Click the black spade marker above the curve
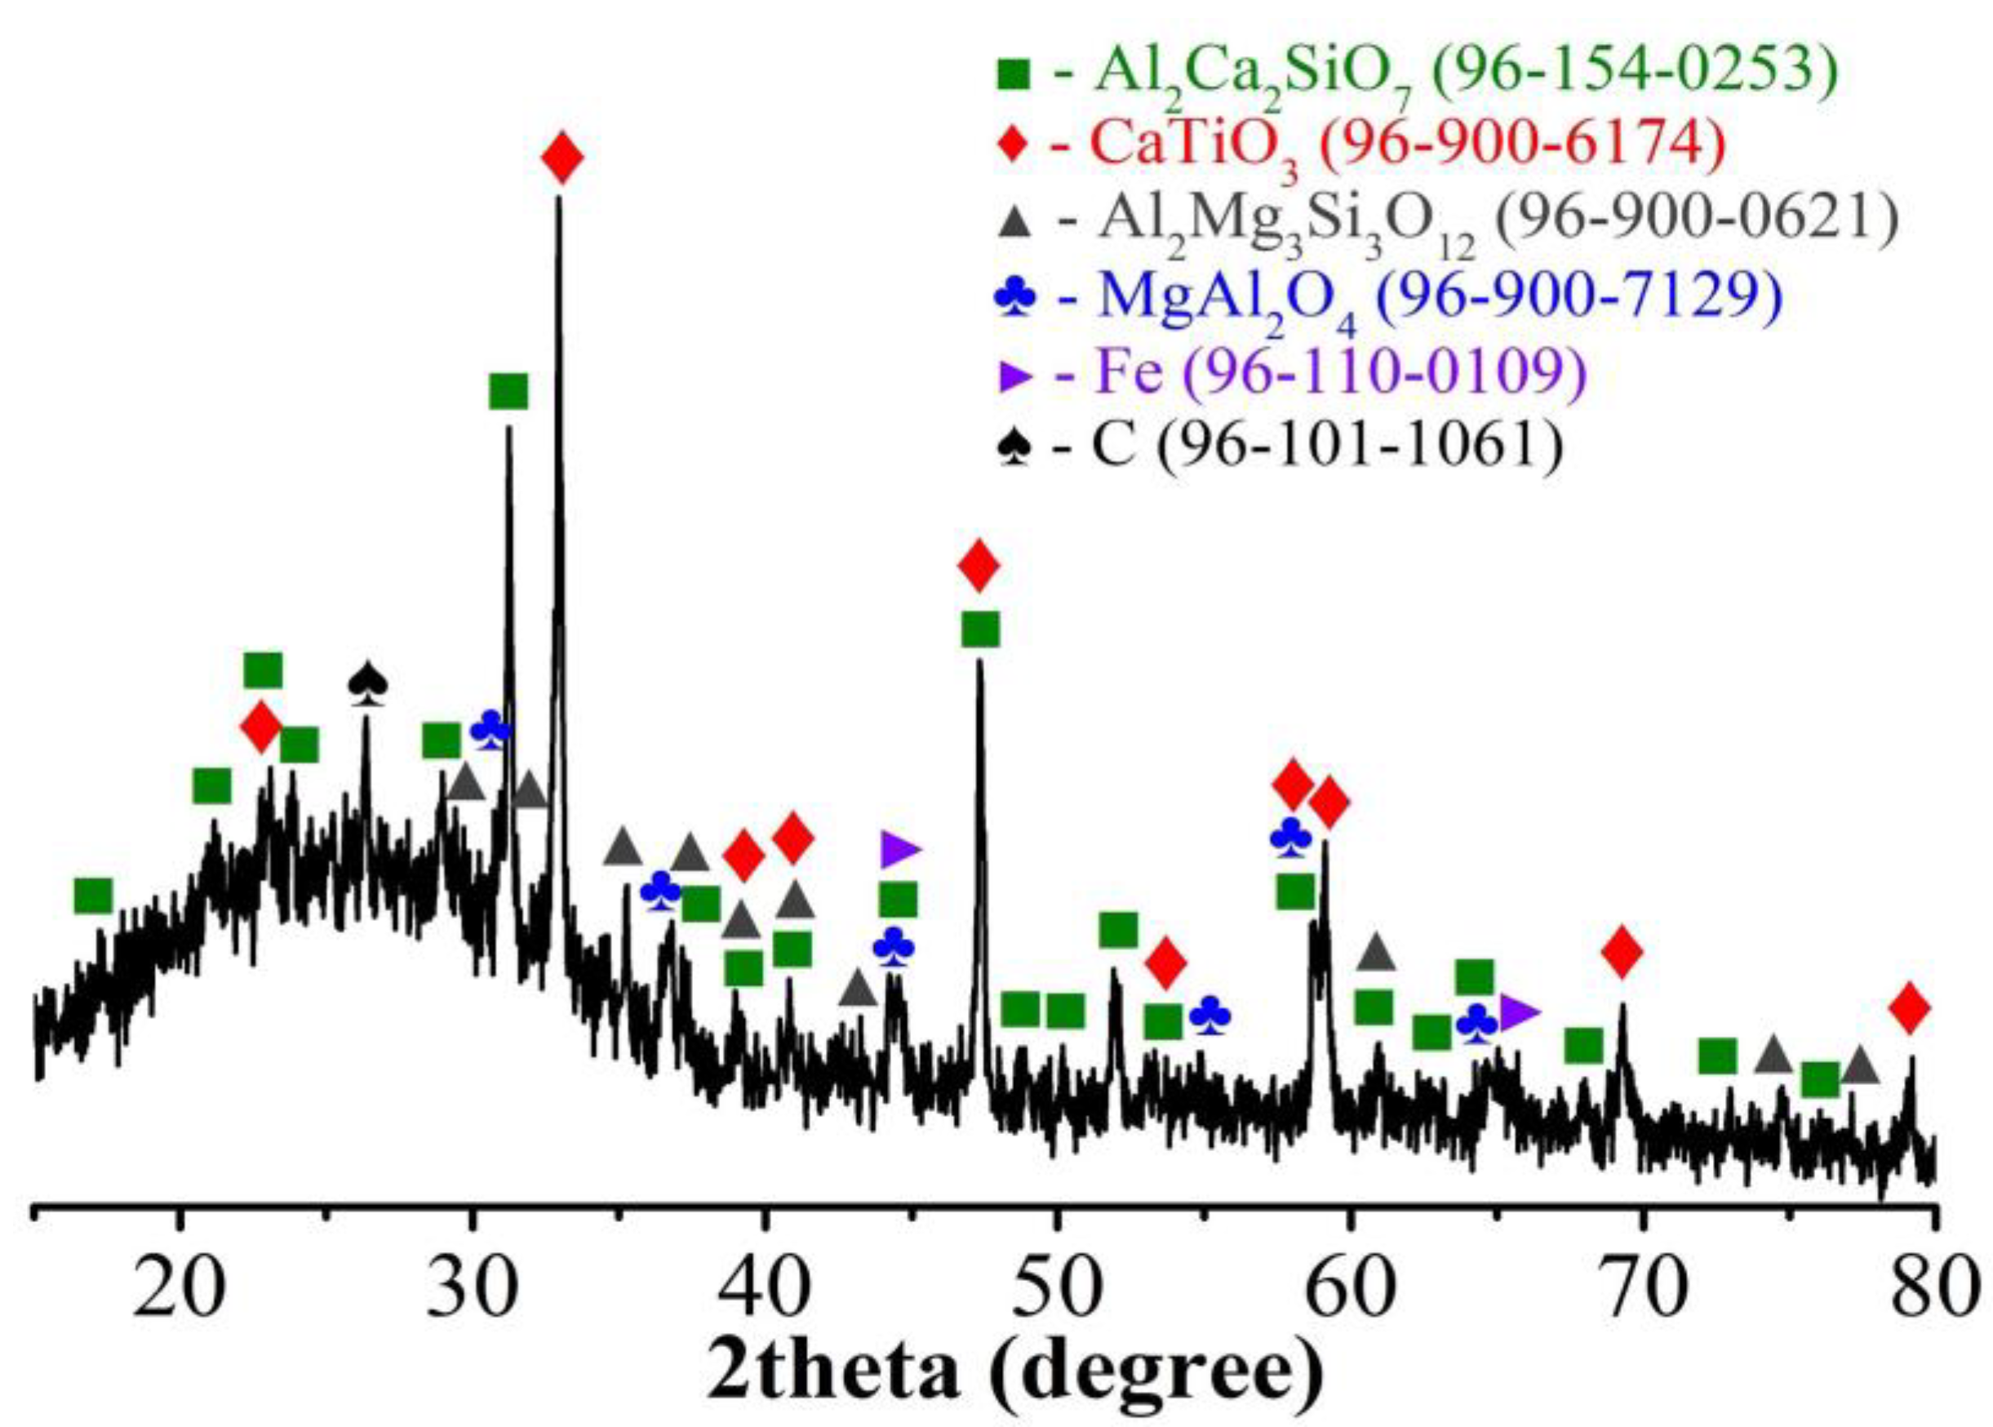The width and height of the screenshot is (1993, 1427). [367, 682]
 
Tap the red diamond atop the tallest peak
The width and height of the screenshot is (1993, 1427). [562, 158]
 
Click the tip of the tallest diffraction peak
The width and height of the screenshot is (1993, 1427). [558, 198]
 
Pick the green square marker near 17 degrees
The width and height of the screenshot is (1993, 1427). [93, 896]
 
